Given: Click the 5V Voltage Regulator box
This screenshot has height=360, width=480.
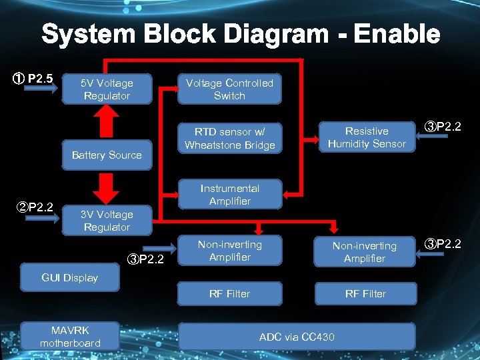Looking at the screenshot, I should point(107,89).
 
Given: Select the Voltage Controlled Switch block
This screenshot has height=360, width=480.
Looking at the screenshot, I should point(229,89).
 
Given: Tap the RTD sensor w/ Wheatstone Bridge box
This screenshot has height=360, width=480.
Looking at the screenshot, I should point(229,138).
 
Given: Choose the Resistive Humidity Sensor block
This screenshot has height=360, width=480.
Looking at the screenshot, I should point(367,137).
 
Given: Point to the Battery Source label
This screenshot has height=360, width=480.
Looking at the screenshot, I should point(107,155).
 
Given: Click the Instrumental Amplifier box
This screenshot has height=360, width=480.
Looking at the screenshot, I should point(229,195).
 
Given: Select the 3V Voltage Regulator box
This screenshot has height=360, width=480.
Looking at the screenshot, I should point(107,221).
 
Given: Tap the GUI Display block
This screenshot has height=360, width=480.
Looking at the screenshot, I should point(70,278).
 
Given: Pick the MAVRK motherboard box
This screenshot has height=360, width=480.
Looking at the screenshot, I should point(70,337).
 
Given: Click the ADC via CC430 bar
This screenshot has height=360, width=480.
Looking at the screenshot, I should point(297,337).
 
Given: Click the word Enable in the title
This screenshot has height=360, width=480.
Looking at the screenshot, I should point(397,34).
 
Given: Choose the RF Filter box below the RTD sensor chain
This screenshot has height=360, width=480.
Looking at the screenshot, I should point(229,293).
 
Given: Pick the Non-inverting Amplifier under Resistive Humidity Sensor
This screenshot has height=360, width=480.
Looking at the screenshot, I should point(365,252).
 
